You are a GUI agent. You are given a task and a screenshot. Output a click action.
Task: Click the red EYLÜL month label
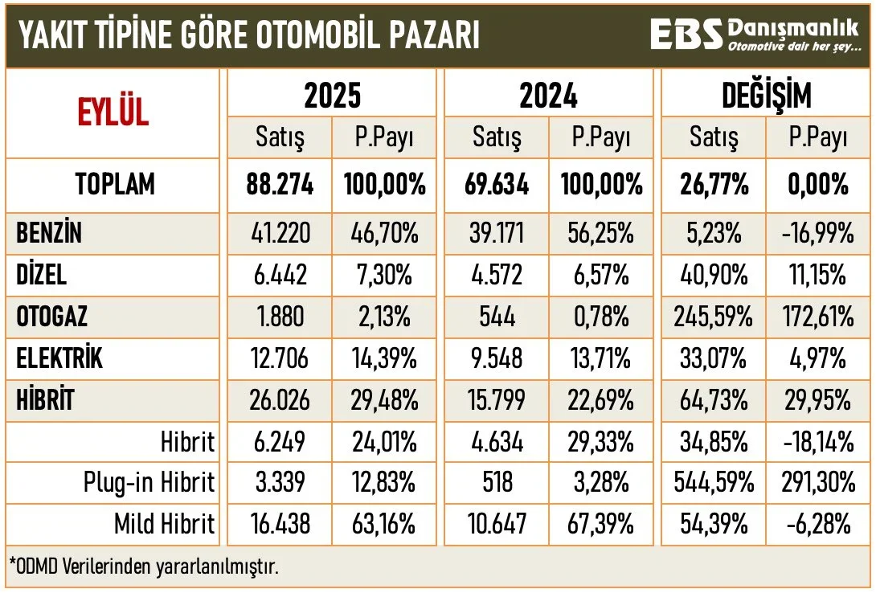[113, 112]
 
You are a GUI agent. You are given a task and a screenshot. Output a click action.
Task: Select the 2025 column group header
[332, 96]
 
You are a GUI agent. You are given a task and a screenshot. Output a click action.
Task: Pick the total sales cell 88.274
[279, 185]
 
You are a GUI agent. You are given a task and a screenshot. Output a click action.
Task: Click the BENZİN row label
[49, 234]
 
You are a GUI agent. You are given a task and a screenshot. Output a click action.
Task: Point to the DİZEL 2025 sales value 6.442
[279, 276]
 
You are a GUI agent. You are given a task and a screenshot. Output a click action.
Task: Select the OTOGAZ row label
[52, 317]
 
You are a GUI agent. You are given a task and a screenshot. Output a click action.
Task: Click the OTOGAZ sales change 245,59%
[713, 317]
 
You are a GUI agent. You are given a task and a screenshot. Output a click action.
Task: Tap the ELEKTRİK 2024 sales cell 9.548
[495, 358]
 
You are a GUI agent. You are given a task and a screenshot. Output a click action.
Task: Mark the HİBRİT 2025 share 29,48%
[383, 399]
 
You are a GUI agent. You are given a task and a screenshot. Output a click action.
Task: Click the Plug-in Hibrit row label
[149, 483]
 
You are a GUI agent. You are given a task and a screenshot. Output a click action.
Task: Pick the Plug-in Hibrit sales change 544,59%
[713, 483]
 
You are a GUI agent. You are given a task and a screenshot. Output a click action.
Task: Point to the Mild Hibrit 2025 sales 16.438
[279, 525]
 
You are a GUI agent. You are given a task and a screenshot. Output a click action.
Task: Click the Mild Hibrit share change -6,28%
[818, 525]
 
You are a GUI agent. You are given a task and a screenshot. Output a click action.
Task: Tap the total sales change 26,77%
[713, 185]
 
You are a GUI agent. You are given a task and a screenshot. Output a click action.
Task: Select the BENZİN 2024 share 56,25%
[600, 234]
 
